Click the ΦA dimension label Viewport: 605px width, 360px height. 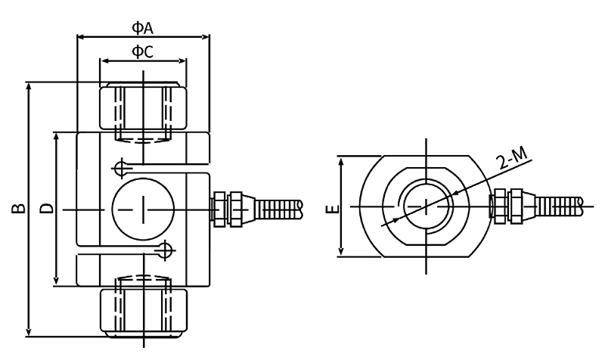tap(143, 28)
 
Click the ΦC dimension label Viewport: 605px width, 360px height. tap(143, 52)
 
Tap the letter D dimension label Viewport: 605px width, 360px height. tap(46, 208)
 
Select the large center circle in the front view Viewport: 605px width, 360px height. tap(142, 207)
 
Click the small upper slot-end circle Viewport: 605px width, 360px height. tap(119, 166)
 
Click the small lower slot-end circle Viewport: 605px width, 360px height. tap(165, 250)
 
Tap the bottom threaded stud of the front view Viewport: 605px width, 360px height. tap(142, 306)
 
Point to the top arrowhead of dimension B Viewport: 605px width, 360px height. tap(29, 85)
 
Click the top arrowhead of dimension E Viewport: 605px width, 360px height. tap(342, 160)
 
